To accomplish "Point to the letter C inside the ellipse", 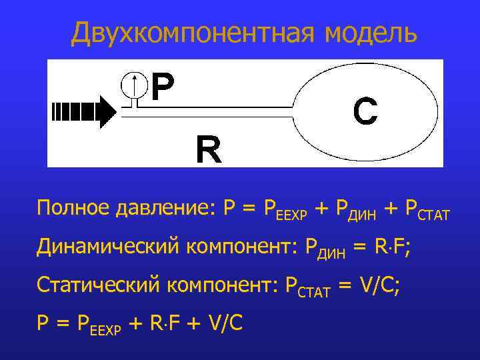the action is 365,111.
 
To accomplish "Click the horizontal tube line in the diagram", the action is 220,105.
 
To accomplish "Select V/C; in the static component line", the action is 379,285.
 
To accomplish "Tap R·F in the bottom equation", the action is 164,323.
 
